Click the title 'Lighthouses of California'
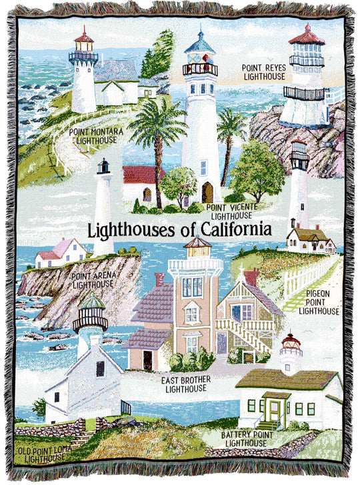point(180,229)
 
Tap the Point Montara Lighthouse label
point(97,136)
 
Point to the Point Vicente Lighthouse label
point(232,211)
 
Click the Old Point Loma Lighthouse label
point(43,454)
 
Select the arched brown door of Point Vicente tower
point(207,193)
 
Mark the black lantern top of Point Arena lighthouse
point(103,166)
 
